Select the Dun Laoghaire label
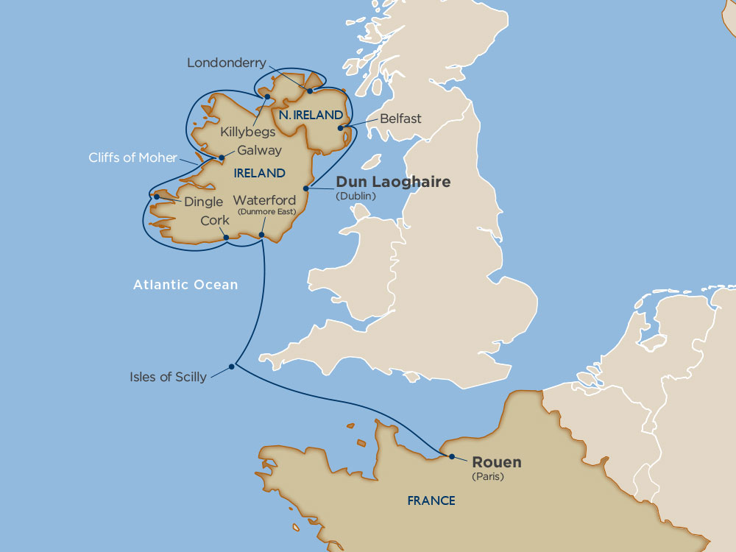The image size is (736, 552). [x=392, y=182]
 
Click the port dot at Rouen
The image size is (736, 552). [x=451, y=456]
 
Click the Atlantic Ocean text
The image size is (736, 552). [x=185, y=285]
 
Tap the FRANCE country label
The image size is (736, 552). [x=431, y=500]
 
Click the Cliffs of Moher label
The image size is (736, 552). [x=132, y=158]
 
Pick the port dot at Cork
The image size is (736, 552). [x=226, y=237]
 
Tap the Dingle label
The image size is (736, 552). [x=203, y=200]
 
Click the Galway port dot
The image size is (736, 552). [x=220, y=158]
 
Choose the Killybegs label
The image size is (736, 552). [x=247, y=132]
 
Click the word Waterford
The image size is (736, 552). [x=264, y=200]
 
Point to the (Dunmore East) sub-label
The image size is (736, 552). [x=266, y=211]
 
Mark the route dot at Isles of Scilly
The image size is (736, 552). [x=233, y=365]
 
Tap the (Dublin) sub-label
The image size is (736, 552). [x=356, y=196]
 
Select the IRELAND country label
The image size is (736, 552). [x=258, y=174]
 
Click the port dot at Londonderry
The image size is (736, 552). [x=310, y=91]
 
